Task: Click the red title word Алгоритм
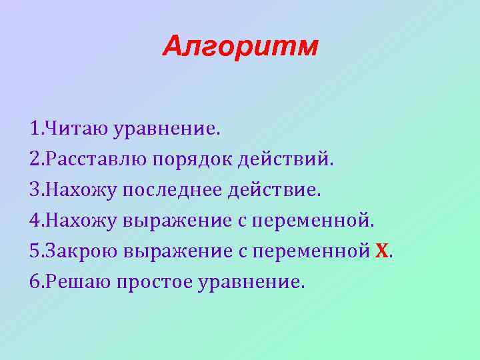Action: point(240,46)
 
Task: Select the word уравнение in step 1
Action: point(166,128)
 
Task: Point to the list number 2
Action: point(35,159)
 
